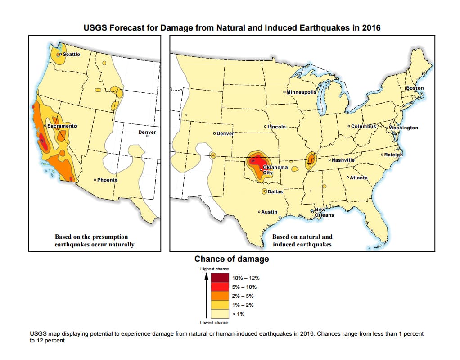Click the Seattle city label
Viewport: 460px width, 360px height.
71,54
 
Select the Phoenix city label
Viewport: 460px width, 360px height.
107,180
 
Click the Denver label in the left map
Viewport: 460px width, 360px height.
147,132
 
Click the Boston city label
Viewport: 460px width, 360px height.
415,88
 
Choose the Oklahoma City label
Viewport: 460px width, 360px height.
274,170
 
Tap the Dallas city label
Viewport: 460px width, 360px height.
275,191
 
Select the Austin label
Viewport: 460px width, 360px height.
269,212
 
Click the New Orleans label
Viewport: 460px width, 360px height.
323,212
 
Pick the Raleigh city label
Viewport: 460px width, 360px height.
393,155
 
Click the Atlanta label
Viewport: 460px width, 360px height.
359,178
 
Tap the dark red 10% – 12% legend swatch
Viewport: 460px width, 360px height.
218,278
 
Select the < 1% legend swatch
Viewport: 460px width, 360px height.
218,314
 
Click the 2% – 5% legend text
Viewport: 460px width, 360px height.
243,296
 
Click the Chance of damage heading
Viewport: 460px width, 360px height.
231,259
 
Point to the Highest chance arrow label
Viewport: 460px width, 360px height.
214,269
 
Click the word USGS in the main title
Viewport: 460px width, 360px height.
95,28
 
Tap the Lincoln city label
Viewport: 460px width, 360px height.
277,126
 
